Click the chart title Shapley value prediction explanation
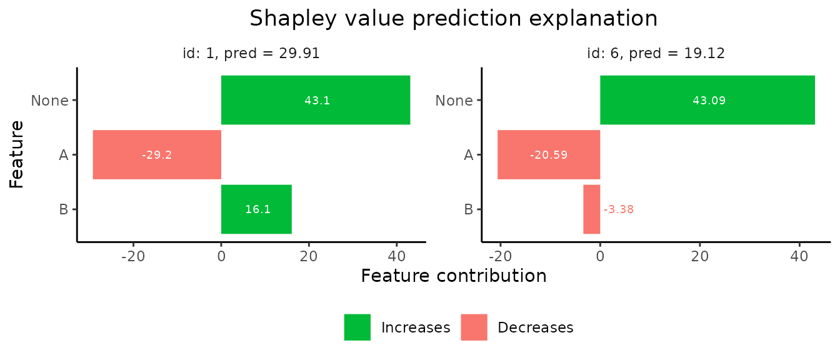(453, 18)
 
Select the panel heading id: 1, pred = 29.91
(251, 54)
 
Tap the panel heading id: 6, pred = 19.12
(656, 54)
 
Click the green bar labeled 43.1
(316, 100)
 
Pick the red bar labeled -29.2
(157, 154)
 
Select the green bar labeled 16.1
(256, 209)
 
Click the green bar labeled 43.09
(707, 100)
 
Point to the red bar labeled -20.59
(549, 154)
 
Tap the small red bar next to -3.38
(591, 209)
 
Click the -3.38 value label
(619, 210)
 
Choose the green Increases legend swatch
(357, 327)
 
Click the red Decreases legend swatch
(474, 327)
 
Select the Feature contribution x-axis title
(453, 276)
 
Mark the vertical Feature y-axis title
(17, 154)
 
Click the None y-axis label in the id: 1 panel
(49, 100)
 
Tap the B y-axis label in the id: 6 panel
(468, 209)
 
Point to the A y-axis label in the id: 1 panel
(63, 155)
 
